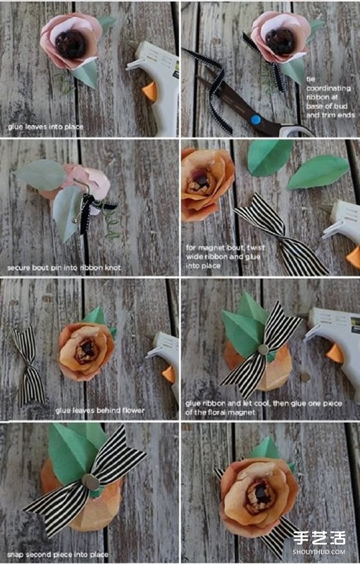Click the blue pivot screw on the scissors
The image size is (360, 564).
pyautogui.click(x=255, y=119)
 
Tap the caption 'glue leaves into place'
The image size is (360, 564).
pyautogui.click(x=45, y=127)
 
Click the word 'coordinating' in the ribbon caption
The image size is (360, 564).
pyautogui.click(x=328, y=88)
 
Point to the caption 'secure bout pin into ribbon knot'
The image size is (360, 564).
pyautogui.click(x=64, y=268)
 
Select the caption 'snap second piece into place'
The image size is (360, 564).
pyautogui.click(x=58, y=554)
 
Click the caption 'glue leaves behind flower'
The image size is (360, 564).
pyautogui.click(x=100, y=410)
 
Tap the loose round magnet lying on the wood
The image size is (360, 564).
pyautogui.click(x=305, y=377)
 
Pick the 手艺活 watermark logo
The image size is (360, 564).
pyautogui.click(x=320, y=539)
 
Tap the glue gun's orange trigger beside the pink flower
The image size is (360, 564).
pyautogui.click(x=150, y=92)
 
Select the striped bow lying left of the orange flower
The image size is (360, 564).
pyautogui.click(x=29, y=365)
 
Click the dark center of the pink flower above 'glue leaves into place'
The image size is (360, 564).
pyautogui.click(x=70, y=44)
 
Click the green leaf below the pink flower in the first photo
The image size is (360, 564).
pyautogui.click(x=85, y=73)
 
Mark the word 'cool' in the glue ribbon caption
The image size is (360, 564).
pyautogui.click(x=261, y=404)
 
